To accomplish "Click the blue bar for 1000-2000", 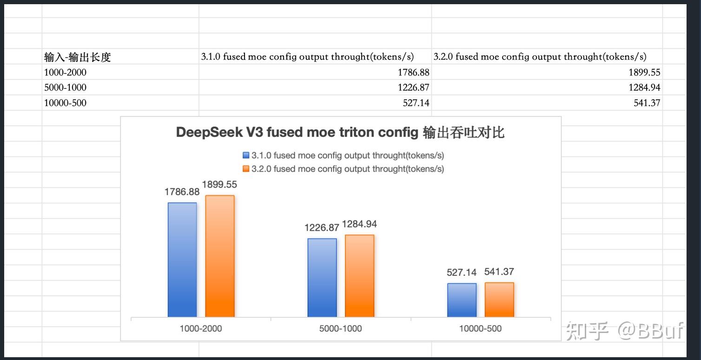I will pyautogui.click(x=182, y=260).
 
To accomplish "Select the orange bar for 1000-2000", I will pyautogui.click(x=220, y=256).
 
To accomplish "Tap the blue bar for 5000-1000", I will pyautogui.click(x=322, y=278).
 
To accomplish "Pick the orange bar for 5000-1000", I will pyautogui.click(x=359, y=276).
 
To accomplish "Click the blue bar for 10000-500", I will pyautogui.click(x=462, y=300).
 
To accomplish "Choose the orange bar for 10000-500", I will pyautogui.click(x=499, y=300).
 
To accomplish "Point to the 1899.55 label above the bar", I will pyautogui.click(x=219, y=185).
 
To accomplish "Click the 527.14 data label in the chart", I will pyautogui.click(x=462, y=273).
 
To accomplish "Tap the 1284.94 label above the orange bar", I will pyautogui.click(x=359, y=224).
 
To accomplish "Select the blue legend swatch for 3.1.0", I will pyautogui.click(x=246, y=155).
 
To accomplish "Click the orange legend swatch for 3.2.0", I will pyautogui.click(x=246, y=169).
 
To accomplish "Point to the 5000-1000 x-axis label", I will pyautogui.click(x=341, y=328).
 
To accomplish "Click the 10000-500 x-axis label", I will pyautogui.click(x=480, y=328).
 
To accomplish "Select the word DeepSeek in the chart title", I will pyautogui.click(x=210, y=133).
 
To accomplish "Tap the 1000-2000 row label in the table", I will pyautogui.click(x=66, y=73).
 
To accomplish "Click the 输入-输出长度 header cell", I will pyautogui.click(x=78, y=57).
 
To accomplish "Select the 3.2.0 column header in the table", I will pyautogui.click(x=540, y=57).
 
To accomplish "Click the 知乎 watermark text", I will pyautogui.click(x=587, y=330).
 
